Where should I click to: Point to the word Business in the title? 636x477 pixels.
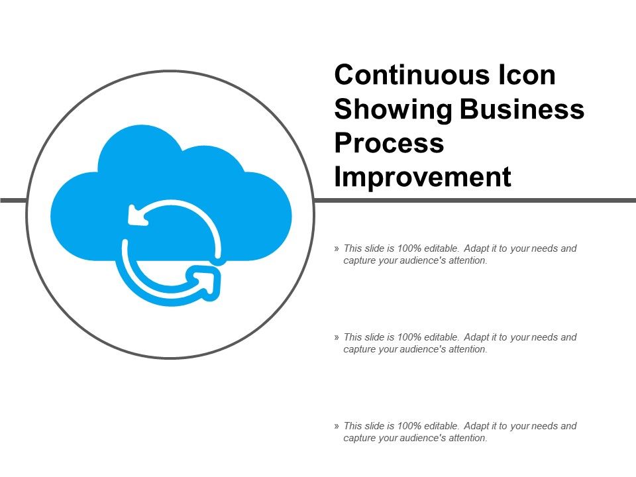coord(523,109)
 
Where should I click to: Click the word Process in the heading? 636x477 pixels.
coord(390,143)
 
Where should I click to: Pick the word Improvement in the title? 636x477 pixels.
coord(423,178)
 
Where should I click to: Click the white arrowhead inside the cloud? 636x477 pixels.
coord(137,215)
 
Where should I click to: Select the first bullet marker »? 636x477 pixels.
coord(337,248)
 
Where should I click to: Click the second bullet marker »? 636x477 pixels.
coord(337,337)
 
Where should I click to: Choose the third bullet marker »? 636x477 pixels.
coord(337,426)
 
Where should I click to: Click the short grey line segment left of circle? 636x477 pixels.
coord(13,200)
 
